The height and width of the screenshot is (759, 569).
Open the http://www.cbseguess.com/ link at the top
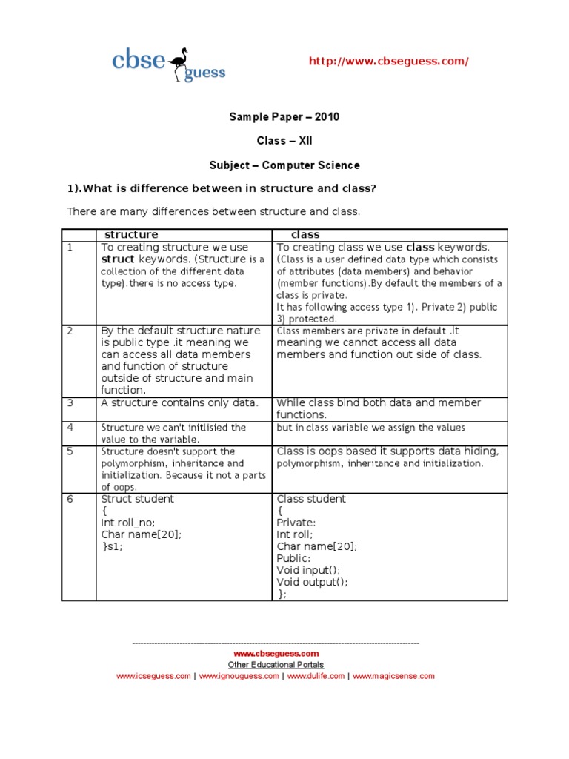pyautogui.click(x=388, y=62)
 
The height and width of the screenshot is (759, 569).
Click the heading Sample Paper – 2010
pyautogui.click(x=284, y=117)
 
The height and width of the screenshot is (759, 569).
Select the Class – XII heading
pyautogui.click(x=284, y=141)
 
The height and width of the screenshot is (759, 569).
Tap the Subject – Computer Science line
pyautogui.click(x=284, y=165)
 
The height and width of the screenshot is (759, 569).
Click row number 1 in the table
pyautogui.click(x=70, y=248)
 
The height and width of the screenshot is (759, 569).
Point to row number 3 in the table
pyautogui.click(x=70, y=403)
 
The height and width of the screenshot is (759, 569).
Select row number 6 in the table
pyautogui.click(x=70, y=499)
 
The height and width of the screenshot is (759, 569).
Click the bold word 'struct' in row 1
pyautogui.click(x=118, y=259)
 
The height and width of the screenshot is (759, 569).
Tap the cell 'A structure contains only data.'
pyautogui.click(x=179, y=403)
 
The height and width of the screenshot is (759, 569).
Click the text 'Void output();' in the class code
pyautogui.click(x=312, y=582)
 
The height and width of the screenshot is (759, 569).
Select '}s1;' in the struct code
pyautogui.click(x=112, y=546)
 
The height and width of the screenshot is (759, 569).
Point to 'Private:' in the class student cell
pyautogui.click(x=296, y=523)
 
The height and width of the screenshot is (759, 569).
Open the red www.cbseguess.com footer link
pyautogui.click(x=276, y=654)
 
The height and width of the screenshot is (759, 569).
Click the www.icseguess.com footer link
pyautogui.click(x=153, y=676)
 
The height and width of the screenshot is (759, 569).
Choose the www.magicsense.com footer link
pyautogui.click(x=393, y=676)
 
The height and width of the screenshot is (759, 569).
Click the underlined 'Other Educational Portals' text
pyautogui.click(x=276, y=665)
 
